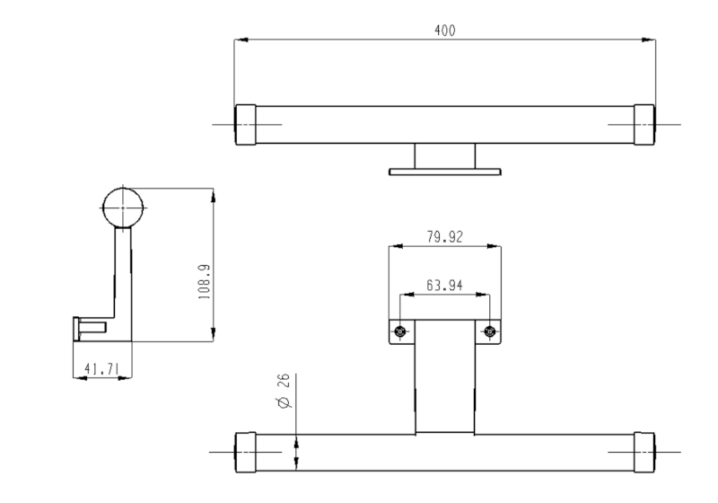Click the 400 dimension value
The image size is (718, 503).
(x=444, y=30)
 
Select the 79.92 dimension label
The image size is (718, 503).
(x=443, y=237)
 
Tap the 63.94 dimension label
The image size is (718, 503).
(x=443, y=286)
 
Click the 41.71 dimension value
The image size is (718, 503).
(x=101, y=367)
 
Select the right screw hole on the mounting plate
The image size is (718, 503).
(x=488, y=331)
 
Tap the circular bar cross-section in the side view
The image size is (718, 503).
(x=123, y=207)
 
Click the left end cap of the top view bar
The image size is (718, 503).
(x=245, y=124)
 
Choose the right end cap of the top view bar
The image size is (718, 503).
(x=644, y=124)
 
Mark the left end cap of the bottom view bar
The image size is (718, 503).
(x=245, y=452)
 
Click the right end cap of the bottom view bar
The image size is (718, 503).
(x=644, y=452)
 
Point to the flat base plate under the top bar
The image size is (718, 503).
(x=444, y=171)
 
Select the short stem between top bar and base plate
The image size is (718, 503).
(x=444, y=154)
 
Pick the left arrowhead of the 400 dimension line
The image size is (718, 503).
(x=239, y=40)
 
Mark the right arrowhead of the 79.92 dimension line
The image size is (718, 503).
(x=496, y=245)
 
